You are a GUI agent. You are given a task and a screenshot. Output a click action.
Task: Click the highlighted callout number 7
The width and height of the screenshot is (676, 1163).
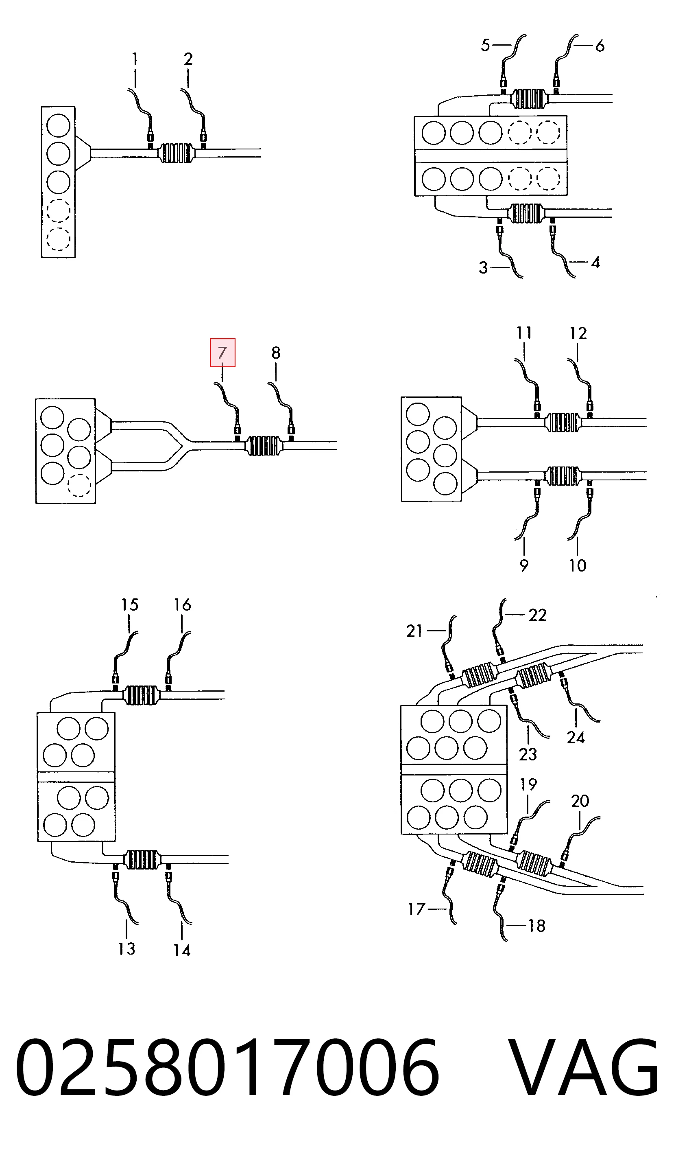222,353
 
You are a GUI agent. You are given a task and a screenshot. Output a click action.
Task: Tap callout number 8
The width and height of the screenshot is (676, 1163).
276,353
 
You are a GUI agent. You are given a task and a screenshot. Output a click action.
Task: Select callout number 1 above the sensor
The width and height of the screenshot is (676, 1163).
135,59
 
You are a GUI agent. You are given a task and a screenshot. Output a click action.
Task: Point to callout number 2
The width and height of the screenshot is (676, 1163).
188,59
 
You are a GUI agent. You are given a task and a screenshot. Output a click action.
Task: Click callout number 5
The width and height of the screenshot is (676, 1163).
486,45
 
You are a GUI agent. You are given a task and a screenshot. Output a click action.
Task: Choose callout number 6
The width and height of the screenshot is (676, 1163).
600,46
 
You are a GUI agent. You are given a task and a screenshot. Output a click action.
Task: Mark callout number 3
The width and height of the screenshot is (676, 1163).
483,268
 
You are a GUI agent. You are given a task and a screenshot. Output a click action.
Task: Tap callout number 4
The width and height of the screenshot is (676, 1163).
595,263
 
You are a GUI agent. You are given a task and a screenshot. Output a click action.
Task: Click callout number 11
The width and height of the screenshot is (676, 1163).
523,333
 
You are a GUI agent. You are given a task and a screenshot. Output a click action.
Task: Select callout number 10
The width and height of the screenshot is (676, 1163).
577,565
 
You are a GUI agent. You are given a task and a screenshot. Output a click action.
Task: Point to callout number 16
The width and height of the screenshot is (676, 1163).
182,604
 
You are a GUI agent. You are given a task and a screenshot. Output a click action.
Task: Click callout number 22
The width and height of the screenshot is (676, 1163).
537,615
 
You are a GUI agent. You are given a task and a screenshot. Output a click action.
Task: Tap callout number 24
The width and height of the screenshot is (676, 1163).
576,738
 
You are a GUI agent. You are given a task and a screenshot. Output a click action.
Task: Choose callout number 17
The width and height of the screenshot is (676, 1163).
417,909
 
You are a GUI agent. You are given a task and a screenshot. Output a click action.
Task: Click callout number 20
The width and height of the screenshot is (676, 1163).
580,801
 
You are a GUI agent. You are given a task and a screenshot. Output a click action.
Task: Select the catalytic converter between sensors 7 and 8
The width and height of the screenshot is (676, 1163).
264,446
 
